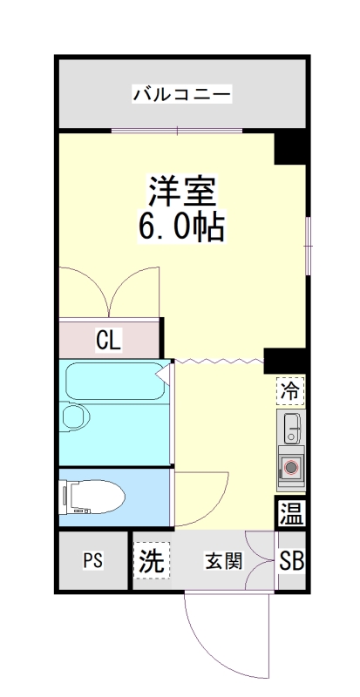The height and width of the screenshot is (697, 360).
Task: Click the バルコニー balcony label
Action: pos(181,93)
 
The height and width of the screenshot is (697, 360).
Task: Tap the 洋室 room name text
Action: pos(181,190)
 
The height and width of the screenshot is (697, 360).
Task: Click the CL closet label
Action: pos(108,339)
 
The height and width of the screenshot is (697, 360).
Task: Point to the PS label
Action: pos(92,561)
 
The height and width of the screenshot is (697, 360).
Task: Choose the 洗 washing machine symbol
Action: pos(150,561)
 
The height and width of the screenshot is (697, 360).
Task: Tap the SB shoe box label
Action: pos(291,562)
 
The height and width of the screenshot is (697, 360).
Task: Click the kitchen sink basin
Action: pos(290,427)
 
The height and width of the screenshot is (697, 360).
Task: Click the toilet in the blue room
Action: pos(92,497)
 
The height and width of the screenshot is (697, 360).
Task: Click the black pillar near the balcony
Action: pos(290,147)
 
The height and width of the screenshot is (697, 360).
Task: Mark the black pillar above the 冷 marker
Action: pos(286,360)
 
